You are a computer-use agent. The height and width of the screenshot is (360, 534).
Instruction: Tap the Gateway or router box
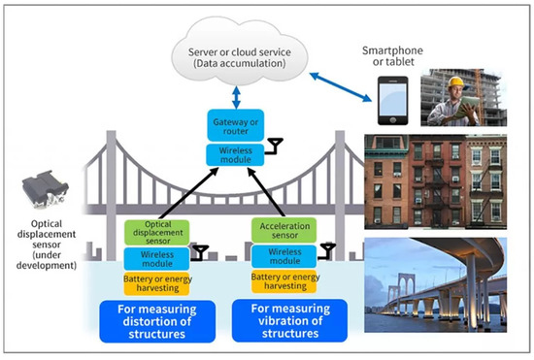click(236, 123)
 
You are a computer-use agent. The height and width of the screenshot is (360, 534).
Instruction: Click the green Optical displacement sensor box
click(155, 233)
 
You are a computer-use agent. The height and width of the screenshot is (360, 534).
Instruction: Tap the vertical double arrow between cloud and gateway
click(236, 95)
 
